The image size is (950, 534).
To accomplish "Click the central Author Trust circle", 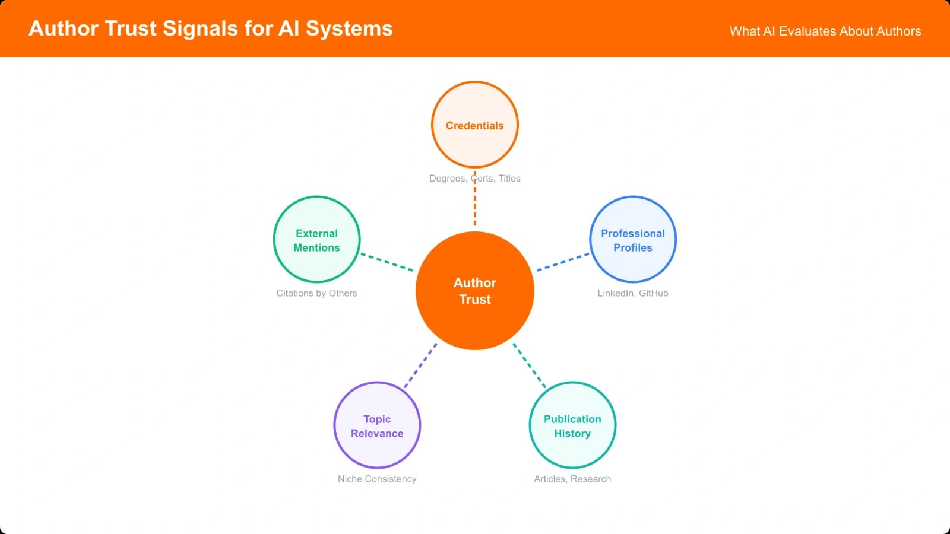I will pyautogui.click(x=475, y=291).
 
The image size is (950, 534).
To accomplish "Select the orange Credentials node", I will pyautogui.click(x=475, y=125).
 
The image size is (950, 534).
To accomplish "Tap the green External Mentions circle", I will pyautogui.click(x=316, y=240).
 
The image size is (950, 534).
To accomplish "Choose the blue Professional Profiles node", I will pyautogui.click(x=633, y=240).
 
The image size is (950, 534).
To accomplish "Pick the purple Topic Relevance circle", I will pyautogui.click(x=377, y=425).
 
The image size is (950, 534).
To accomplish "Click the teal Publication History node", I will pyautogui.click(x=572, y=425).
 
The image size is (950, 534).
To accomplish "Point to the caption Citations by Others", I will pyautogui.click(x=316, y=293).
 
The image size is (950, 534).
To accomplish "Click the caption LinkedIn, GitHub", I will pyautogui.click(x=633, y=293).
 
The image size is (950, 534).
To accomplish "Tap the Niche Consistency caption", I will pyautogui.click(x=377, y=479).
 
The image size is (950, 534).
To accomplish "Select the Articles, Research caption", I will pyautogui.click(x=572, y=479).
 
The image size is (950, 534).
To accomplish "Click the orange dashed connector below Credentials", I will pyautogui.click(x=475, y=205).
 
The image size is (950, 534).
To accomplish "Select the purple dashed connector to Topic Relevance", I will pyautogui.click(x=420, y=365).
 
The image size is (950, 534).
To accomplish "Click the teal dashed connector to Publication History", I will pyautogui.click(x=530, y=365).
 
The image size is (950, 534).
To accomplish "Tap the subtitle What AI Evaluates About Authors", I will pyautogui.click(x=825, y=31).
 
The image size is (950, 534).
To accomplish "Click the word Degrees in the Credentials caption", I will pyautogui.click(x=447, y=179).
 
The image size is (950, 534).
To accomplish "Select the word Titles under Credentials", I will pyautogui.click(x=509, y=179).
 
